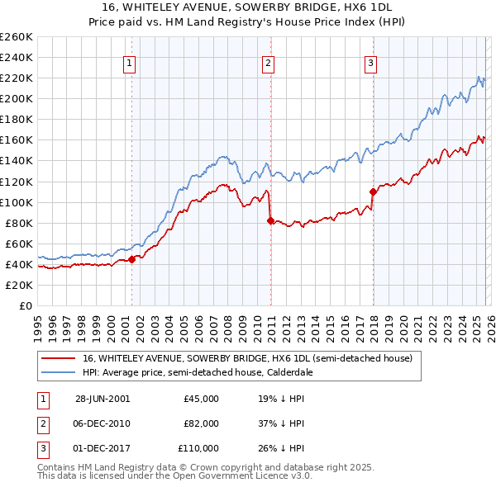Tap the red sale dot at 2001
[x=132, y=259]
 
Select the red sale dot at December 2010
[x=270, y=220]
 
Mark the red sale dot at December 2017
[x=373, y=191]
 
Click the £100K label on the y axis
[x=17, y=202]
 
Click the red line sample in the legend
[x=58, y=358]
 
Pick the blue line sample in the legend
[x=58, y=373]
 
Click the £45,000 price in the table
[x=201, y=398]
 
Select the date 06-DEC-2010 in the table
[x=103, y=423]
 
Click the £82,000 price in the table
[x=201, y=423]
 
